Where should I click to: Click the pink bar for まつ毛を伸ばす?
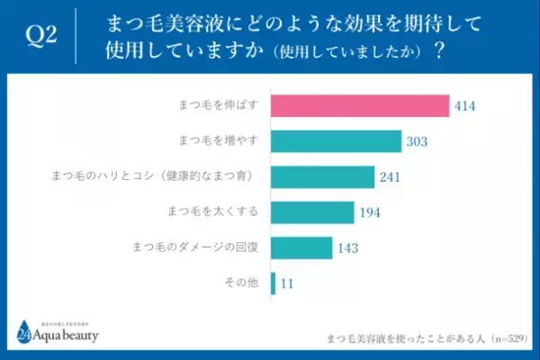[x=359, y=106]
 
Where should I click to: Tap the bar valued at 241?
[x=321, y=176]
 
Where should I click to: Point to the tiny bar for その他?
[x=273, y=282]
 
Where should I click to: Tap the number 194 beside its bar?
[x=370, y=211]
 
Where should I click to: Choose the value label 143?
[x=348, y=247]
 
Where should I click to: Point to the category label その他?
[x=241, y=282]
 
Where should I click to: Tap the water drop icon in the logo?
[x=22, y=332]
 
